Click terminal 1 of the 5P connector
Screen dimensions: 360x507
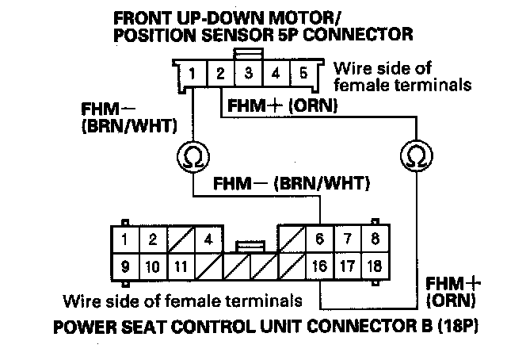[193, 75]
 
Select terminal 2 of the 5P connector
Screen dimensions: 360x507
[221, 75]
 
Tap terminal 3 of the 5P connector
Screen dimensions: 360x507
[249, 75]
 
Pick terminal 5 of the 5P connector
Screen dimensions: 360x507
[303, 75]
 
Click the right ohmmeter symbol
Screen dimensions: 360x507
[414, 153]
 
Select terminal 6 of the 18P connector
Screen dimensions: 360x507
[320, 238]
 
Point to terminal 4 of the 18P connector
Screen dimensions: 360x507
[208, 238]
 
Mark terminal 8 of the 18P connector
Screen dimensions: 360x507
[375, 238]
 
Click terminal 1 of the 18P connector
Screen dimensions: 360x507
[124, 238]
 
